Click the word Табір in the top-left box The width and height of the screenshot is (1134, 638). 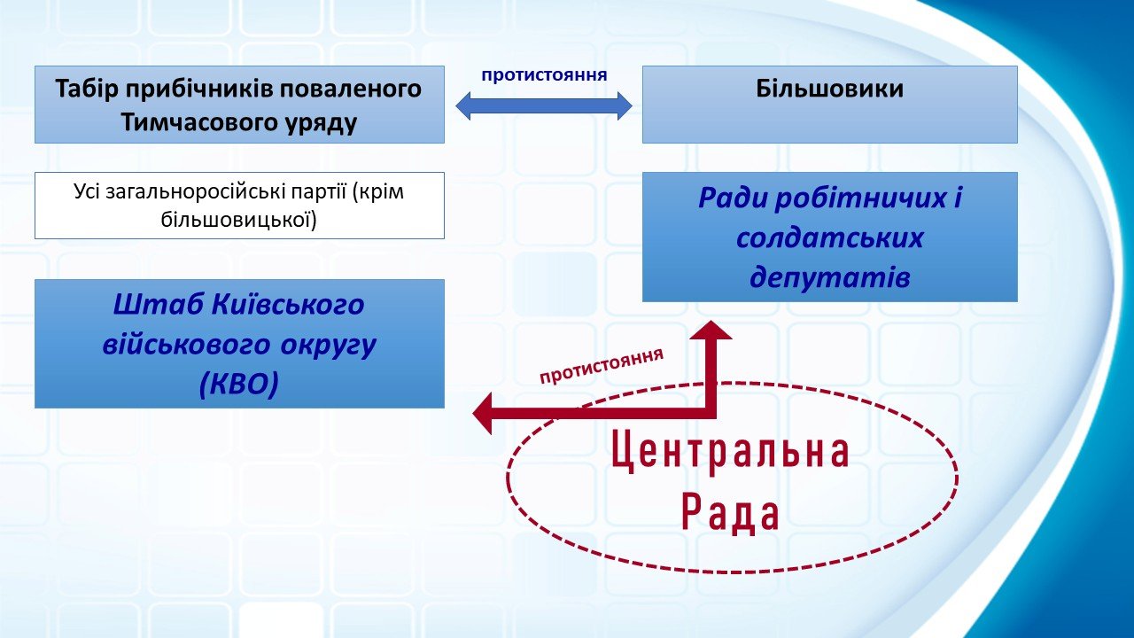point(87,89)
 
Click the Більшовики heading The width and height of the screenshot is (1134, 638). point(829,89)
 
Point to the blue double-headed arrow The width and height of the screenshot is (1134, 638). point(544,105)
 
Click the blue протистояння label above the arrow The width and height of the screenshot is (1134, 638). point(544,75)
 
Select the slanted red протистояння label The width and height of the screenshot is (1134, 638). point(602,366)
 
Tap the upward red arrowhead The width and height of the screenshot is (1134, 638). point(711,331)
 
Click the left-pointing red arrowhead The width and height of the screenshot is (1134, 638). point(483,413)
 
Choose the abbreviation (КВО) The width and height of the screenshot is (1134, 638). point(239,385)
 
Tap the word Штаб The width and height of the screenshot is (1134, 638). point(156,304)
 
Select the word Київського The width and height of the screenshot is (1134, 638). point(288,304)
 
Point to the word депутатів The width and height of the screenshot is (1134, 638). point(830,277)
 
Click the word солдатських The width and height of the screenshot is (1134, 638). point(830,238)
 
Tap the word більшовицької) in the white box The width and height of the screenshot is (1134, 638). point(239,221)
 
